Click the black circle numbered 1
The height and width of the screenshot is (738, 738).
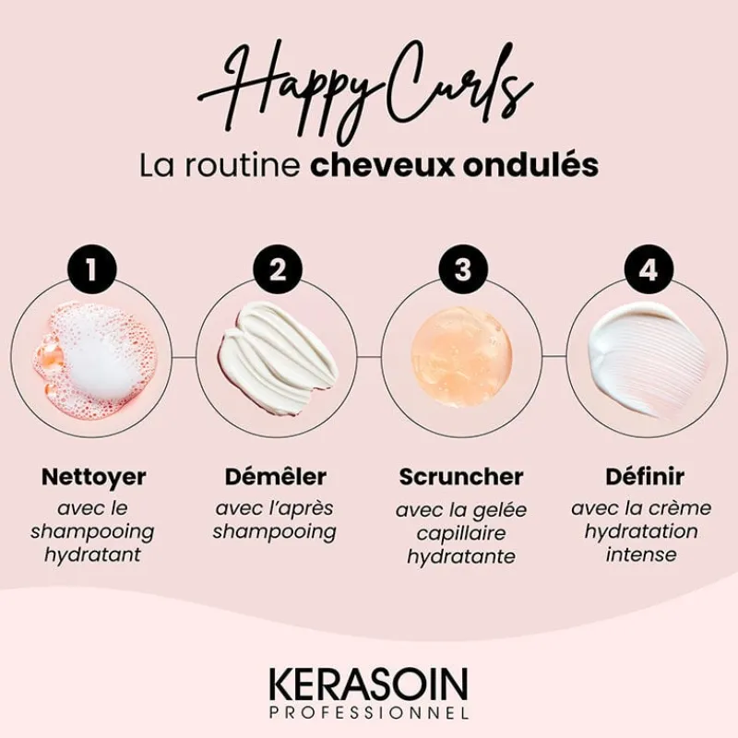pos(92,270)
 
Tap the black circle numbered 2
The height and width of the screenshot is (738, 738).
pos(277,270)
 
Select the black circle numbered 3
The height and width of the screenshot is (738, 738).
pos(462,270)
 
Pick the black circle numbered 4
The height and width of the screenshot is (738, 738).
pos(647,270)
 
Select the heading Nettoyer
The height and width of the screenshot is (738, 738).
pos(93,478)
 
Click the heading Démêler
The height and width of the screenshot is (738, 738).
pos(276,478)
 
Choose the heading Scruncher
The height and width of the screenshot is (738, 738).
pos(461,478)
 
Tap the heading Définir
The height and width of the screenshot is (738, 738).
pos(645,478)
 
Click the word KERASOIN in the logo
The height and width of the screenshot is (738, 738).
pos(369,684)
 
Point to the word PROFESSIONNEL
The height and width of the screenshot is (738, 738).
pos(369,712)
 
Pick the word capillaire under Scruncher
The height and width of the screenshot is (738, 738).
pos(461,533)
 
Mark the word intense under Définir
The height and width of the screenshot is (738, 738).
pos(641,554)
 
